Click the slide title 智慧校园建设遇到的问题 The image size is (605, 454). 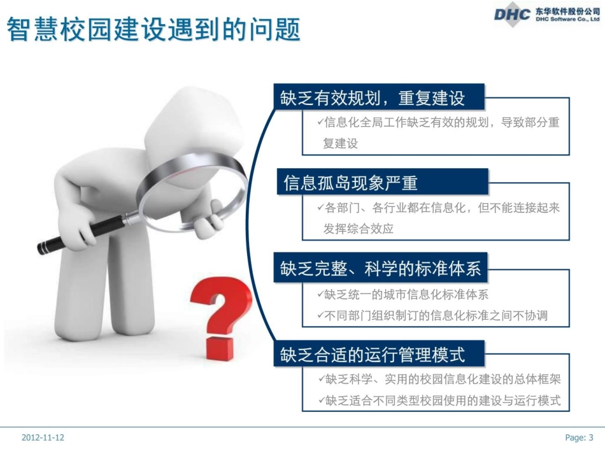[x=153, y=29]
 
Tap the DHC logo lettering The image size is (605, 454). [x=512, y=15]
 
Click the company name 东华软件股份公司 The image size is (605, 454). [x=567, y=11]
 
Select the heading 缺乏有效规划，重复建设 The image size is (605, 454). [x=373, y=97]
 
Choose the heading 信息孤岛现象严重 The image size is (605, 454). [x=350, y=183]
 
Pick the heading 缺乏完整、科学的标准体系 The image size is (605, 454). [x=380, y=268]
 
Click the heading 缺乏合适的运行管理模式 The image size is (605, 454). [x=373, y=355]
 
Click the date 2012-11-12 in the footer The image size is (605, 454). [x=43, y=437]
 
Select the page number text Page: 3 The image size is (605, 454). [x=579, y=437]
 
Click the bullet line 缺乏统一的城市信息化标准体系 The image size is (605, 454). [x=403, y=295]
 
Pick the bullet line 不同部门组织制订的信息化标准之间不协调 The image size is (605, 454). [x=432, y=316]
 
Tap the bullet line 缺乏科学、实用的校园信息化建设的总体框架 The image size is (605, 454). [x=439, y=379]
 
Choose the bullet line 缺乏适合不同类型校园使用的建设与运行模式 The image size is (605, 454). [x=439, y=401]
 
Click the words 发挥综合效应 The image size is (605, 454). [x=358, y=229]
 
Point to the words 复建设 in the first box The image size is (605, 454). [x=340, y=143]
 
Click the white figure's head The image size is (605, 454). [x=190, y=124]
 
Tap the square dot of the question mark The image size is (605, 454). [x=220, y=348]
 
